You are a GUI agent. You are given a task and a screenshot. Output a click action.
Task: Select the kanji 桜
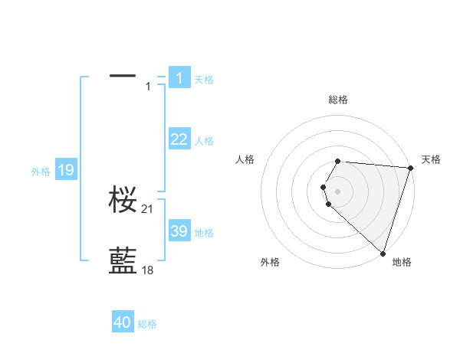coord(123,201)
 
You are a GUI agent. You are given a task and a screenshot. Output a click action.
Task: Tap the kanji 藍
coord(123,261)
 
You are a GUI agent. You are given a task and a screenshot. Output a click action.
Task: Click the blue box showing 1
coord(179,77)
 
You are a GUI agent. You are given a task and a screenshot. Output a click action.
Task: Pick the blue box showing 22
coord(179,139)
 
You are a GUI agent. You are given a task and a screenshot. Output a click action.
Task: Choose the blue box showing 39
coord(179,231)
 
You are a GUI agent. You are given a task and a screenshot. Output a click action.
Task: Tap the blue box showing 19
coord(66,170)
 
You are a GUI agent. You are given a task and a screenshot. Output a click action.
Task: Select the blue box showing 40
coord(123,322)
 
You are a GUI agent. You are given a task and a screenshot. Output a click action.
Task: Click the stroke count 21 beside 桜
coord(148,209)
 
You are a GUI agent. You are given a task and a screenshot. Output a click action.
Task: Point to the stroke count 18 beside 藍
coord(148,270)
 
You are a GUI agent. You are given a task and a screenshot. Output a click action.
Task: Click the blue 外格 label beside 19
coord(41,172)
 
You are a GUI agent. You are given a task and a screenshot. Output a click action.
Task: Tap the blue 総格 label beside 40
coord(147,324)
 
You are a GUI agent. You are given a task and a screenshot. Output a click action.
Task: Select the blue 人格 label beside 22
coord(204,141)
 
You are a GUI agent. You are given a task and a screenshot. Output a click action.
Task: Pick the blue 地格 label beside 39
coord(204,233)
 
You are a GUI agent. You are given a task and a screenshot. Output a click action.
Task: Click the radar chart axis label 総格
coord(338,100)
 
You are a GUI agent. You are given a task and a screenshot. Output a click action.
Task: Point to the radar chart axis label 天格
coord(431,159)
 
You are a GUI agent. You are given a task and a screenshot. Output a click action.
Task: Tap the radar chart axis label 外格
coord(270,262)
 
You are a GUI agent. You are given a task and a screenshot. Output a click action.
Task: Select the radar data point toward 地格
coord(383,253)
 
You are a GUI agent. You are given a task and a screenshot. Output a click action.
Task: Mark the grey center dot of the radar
coord(338,191)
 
